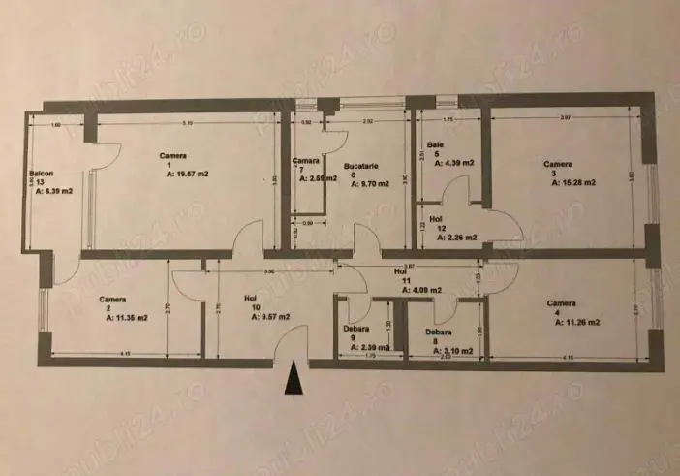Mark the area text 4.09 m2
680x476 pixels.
[x=422, y=289]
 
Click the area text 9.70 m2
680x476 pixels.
[x=369, y=182]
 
